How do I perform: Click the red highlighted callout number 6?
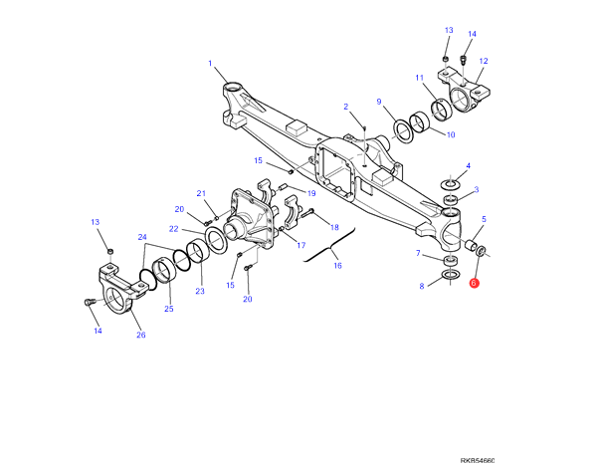coord(474,283)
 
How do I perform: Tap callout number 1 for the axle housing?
coord(210,64)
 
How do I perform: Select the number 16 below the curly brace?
coord(337,265)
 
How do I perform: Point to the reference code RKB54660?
coord(478,461)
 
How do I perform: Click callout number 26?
coord(141,335)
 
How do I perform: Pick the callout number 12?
coord(484,61)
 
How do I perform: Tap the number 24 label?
coord(142,237)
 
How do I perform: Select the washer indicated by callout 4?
coord(451,185)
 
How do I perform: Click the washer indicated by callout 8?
coord(451,275)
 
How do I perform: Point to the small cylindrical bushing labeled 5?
coord(472,244)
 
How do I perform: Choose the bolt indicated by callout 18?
coord(306,213)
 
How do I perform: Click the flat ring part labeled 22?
coord(216,240)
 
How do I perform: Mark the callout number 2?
coord(345,107)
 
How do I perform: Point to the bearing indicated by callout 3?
coord(451,200)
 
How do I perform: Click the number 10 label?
coord(451,134)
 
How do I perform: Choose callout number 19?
coord(311,193)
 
